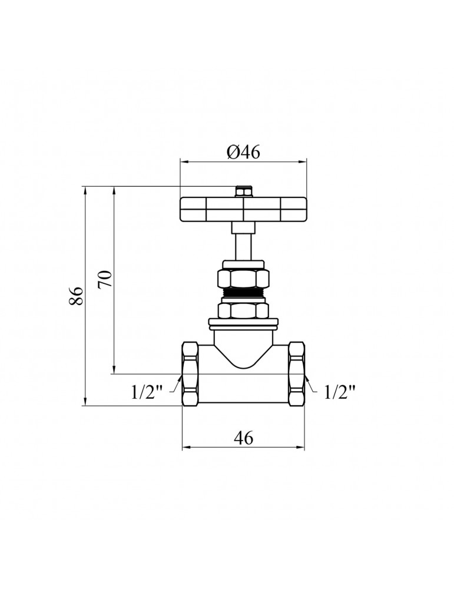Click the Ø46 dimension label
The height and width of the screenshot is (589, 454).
click(243, 152)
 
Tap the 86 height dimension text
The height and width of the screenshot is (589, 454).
click(76, 296)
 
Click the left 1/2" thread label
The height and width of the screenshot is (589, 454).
click(147, 392)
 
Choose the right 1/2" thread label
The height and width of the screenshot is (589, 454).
click(339, 392)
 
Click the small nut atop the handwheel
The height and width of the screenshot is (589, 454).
click(243, 191)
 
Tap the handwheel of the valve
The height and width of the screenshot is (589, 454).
click(243, 209)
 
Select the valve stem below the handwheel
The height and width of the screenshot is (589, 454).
click(243, 241)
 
